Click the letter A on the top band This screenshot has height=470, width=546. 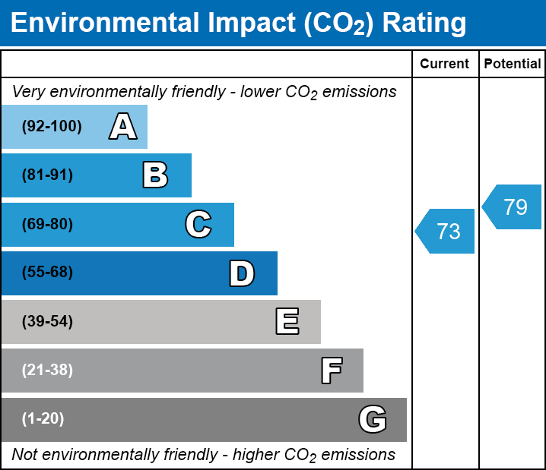click(x=122, y=127)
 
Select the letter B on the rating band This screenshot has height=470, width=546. click(x=155, y=175)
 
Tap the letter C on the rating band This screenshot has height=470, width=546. click(x=198, y=225)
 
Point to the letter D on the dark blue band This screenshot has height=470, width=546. click(x=242, y=273)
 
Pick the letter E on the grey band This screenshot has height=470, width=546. click(x=287, y=322)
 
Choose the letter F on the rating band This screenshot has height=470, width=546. click(x=331, y=371)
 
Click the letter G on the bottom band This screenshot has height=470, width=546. click(x=373, y=419)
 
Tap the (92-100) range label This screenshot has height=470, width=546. click(x=52, y=127)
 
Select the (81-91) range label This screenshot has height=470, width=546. click(x=47, y=175)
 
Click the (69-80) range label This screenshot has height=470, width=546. click(x=47, y=225)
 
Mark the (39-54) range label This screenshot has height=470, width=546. click(x=47, y=322)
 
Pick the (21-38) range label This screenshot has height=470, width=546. click(x=47, y=371)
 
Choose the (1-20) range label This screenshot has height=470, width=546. click(x=43, y=419)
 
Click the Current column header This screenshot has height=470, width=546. click(x=445, y=65)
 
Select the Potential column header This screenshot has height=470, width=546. click(x=513, y=65)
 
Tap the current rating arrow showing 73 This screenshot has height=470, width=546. click(x=446, y=231)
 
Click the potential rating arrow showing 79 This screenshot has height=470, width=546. click(x=513, y=207)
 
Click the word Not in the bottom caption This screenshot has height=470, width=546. click(x=24, y=455)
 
